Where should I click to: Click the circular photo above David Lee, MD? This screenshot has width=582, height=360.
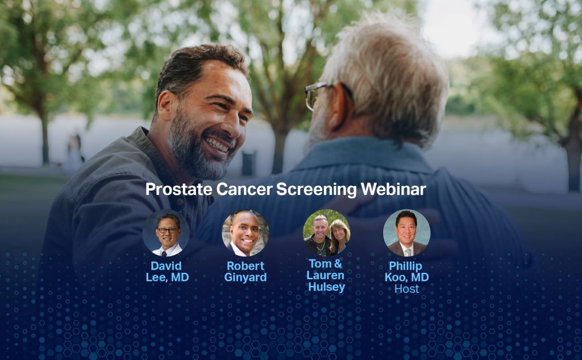point(166,233)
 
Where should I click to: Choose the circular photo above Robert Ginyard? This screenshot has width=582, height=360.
point(245,233)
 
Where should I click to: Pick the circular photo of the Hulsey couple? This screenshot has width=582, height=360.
point(326,233)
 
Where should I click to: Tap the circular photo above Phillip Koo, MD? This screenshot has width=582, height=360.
point(406,233)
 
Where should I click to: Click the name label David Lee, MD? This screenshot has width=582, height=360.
point(167,272)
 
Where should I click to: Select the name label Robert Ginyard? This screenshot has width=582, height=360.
point(246,272)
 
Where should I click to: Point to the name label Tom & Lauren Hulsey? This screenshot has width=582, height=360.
point(326,275)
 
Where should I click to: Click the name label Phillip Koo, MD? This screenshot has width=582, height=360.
point(407,272)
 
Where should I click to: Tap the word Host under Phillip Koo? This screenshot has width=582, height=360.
point(406,289)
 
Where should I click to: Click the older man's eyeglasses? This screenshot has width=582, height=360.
point(315,94)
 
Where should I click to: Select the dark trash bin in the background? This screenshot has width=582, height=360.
point(248,163)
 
